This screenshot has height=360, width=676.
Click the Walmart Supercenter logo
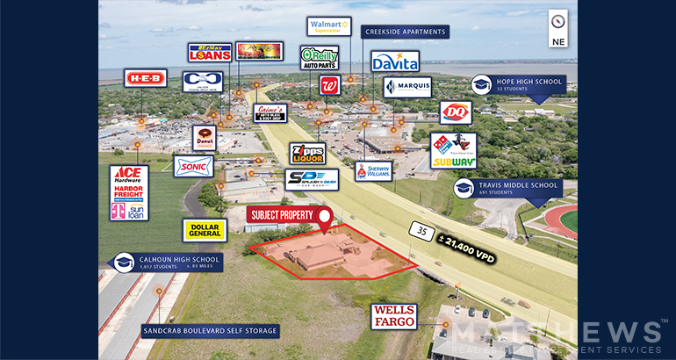(328, 26)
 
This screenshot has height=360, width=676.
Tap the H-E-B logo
(145, 78)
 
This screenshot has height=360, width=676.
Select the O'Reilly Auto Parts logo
(319, 58)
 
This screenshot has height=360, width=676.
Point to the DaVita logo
(394, 61)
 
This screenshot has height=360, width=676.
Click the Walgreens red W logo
(330, 86)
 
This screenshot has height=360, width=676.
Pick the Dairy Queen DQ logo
(456, 112)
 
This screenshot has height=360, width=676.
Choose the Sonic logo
(193, 166)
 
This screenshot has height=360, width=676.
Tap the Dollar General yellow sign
(205, 230)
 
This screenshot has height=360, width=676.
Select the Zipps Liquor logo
(307, 154)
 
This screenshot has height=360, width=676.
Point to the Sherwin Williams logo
(373, 170)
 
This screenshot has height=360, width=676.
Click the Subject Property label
(283, 215)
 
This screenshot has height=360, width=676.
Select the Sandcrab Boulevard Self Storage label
(211, 331)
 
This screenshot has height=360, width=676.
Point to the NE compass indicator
(558, 28)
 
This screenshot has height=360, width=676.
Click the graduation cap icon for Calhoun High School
(124, 262)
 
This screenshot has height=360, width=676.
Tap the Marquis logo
(406, 87)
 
